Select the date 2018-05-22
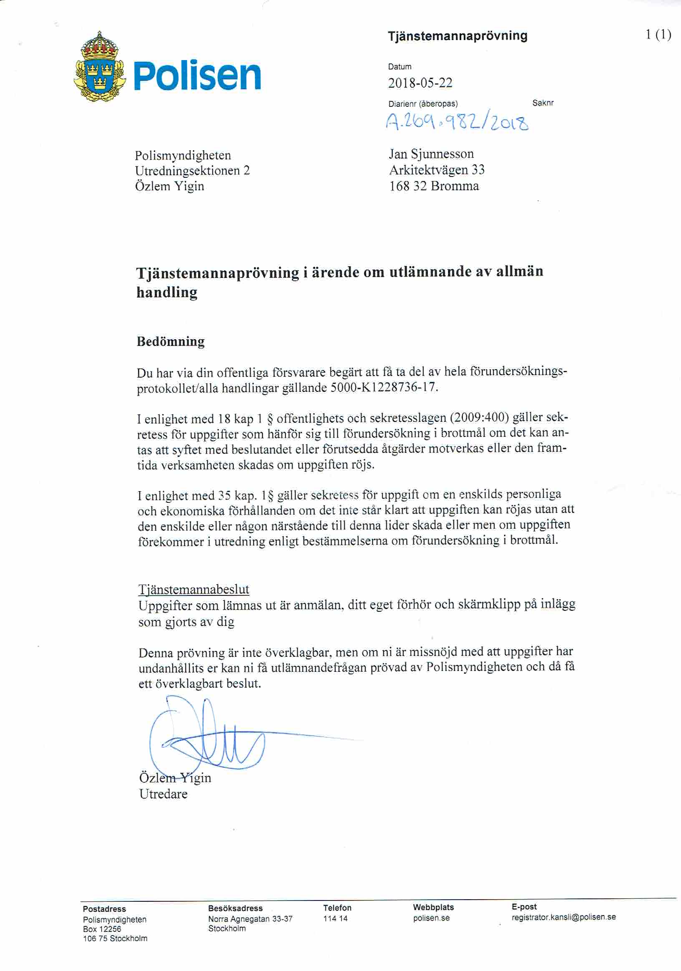tap(420, 83)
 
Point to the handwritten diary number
tap(457, 123)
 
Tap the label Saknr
tap(543, 103)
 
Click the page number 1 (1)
tap(658, 35)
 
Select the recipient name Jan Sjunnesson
tap(431, 154)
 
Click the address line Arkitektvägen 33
tap(436, 170)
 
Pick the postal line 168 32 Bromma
tap(434, 186)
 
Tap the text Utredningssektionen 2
tap(192, 171)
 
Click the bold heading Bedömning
tap(171, 342)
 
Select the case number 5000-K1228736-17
tap(383, 387)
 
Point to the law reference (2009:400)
tap(479, 418)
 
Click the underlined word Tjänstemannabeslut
tap(194, 589)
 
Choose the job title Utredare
tap(163, 794)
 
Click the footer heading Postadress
tap(104, 909)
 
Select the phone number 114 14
tap(335, 918)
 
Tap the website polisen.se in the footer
tap(431, 918)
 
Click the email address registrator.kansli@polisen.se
tap(563, 917)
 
